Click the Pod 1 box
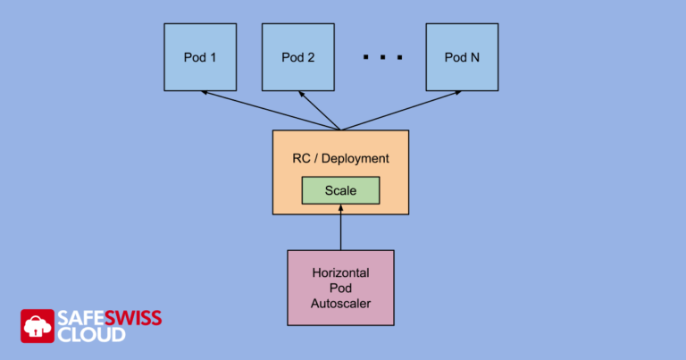coord(200,57)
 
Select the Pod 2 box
coord(297,57)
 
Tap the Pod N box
coord(462,57)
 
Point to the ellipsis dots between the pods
coord(382,58)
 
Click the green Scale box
coord(340,190)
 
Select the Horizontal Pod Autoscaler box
coord(340,288)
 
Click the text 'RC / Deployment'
coord(340,158)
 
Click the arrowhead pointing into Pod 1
coord(206,92)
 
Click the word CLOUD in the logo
coord(92,335)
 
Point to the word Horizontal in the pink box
coord(340,272)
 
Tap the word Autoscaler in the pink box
coord(340,304)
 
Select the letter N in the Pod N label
coord(474,57)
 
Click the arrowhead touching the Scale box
coord(340,209)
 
